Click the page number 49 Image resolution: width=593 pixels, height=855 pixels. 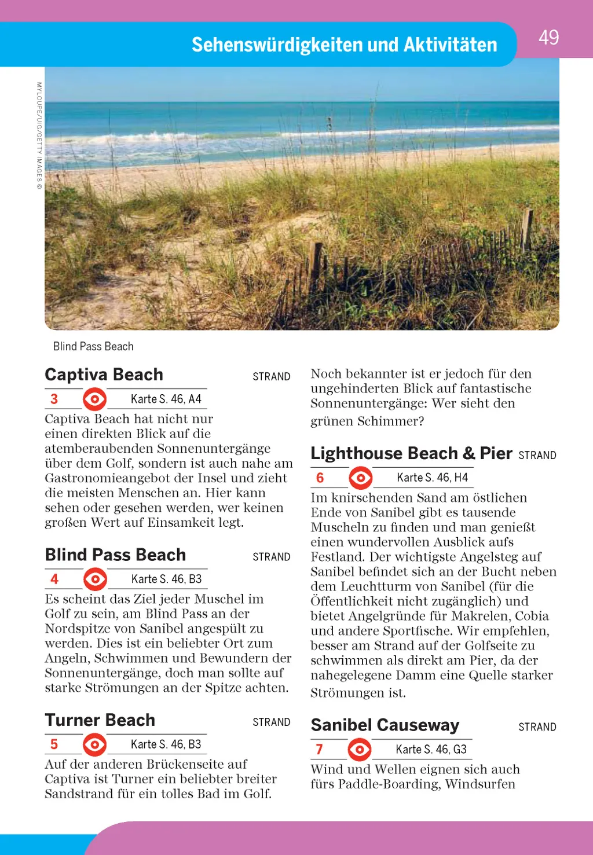548,38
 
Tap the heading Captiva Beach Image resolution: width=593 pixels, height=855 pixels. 104,375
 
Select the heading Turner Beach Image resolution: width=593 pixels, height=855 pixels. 100,720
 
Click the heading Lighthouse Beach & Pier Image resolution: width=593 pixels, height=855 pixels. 411,453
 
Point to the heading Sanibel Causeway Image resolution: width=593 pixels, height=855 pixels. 385,725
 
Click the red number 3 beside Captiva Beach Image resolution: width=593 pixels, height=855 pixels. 54,399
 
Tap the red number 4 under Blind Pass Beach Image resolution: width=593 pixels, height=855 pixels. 54,579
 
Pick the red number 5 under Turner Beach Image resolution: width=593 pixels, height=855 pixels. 54,744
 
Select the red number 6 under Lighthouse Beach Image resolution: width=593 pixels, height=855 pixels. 320,478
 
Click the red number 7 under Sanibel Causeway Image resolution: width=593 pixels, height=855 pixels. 320,750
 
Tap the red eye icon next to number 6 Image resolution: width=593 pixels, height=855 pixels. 361,478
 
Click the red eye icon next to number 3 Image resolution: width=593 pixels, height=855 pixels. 94,399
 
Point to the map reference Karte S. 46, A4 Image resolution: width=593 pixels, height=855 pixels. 166,399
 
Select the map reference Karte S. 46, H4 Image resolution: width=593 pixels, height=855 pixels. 432,478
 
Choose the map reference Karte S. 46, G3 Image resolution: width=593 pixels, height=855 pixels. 431,750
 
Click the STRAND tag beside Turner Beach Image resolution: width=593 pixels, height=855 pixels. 272,722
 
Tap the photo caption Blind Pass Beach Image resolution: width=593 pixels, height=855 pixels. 93,346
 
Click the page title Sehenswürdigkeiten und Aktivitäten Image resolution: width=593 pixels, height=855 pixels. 344,45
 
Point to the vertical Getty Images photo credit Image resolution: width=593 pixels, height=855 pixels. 39,135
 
